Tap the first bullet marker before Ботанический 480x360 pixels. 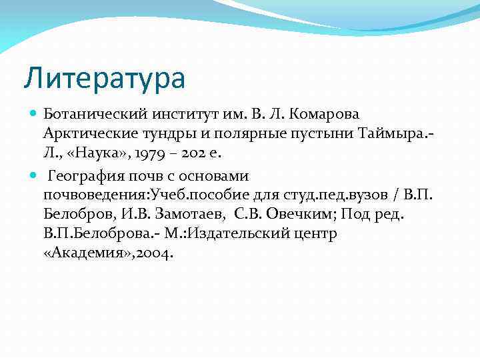(x=34, y=114)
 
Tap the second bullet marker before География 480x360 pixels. (x=34, y=176)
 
